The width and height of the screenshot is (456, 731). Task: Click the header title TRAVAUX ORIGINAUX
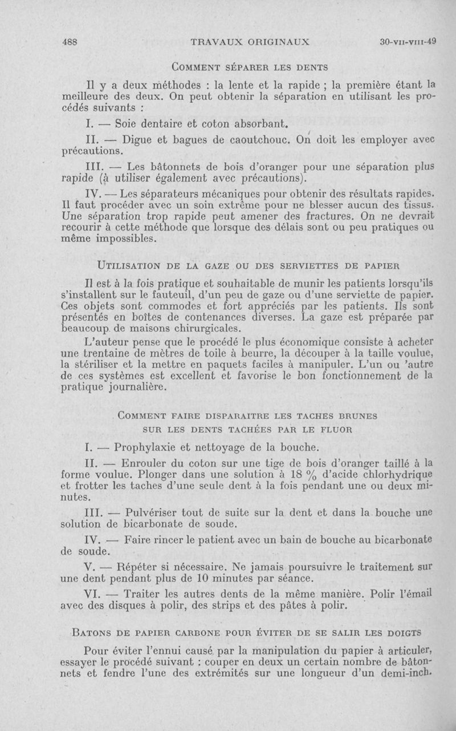pyautogui.click(x=251, y=41)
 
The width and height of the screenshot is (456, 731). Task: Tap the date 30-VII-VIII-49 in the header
pyautogui.click(x=408, y=41)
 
